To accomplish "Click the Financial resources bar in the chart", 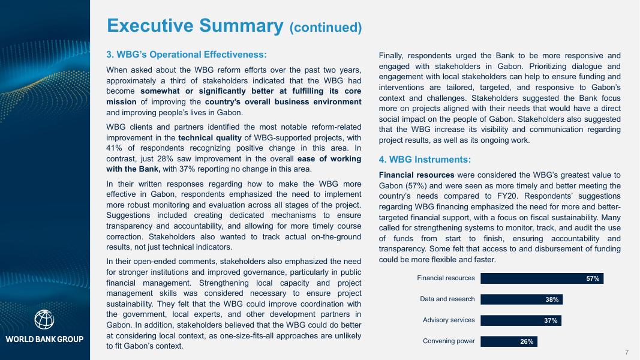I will pyautogui.click(x=542, y=278).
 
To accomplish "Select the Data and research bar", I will pyautogui.click(x=521, y=299).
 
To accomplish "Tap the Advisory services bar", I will pyautogui.click(x=520, y=320).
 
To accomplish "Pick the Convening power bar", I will pyautogui.click(x=509, y=341).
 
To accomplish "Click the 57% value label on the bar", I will pyautogui.click(x=593, y=278).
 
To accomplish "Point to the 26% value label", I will pyautogui.click(x=527, y=341).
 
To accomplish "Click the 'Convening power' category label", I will pyautogui.click(x=449, y=341).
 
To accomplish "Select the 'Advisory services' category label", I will pyautogui.click(x=449, y=320).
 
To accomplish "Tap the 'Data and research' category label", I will pyautogui.click(x=447, y=299).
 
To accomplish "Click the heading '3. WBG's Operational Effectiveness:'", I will pyautogui.click(x=186, y=55).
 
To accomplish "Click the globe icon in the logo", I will pyautogui.click(x=44, y=319).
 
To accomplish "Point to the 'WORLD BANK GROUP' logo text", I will pyautogui.click(x=44, y=340).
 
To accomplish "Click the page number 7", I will pyautogui.click(x=626, y=351).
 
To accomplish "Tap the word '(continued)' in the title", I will pyautogui.click(x=326, y=28).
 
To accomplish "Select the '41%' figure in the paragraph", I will pyautogui.click(x=114, y=148).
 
